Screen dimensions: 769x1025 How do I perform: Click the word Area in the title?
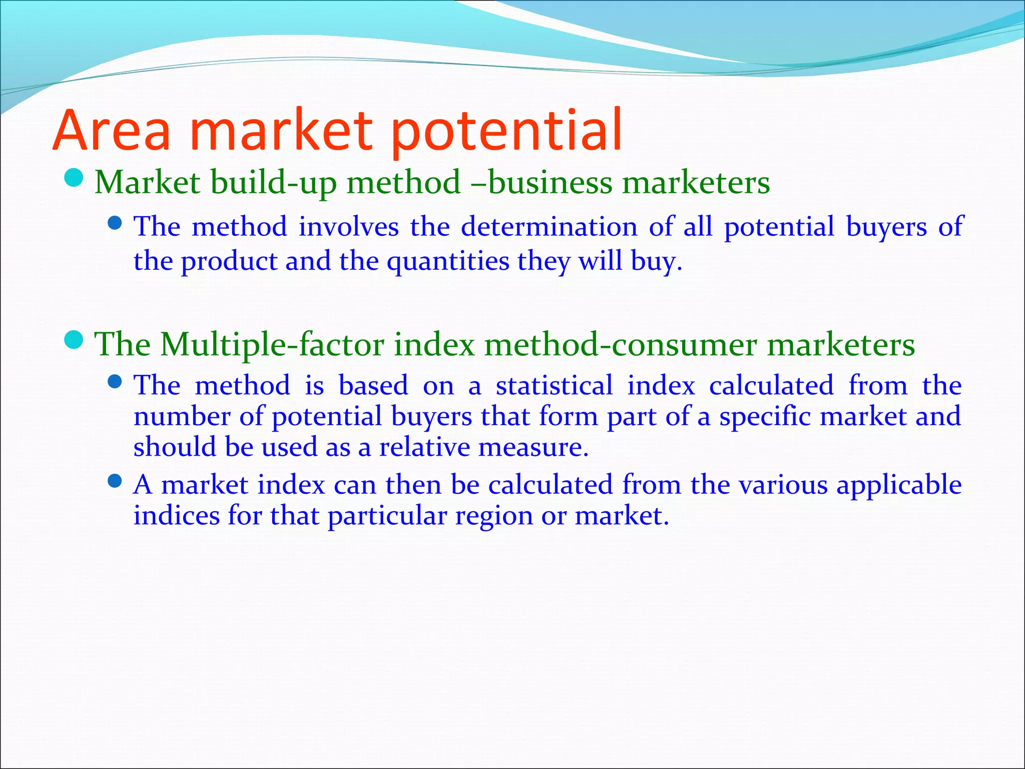point(111,131)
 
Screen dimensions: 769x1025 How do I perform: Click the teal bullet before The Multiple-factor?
point(74,340)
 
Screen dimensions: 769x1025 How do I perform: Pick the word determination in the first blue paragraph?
point(549,226)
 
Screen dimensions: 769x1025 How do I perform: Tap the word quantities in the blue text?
point(447,261)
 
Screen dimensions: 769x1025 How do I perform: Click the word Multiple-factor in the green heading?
point(272,344)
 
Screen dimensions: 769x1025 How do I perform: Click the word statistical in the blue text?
point(554,386)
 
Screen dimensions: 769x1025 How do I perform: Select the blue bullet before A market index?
point(115,482)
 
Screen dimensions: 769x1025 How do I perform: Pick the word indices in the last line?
point(176,516)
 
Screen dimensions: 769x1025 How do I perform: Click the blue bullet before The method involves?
point(115,223)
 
